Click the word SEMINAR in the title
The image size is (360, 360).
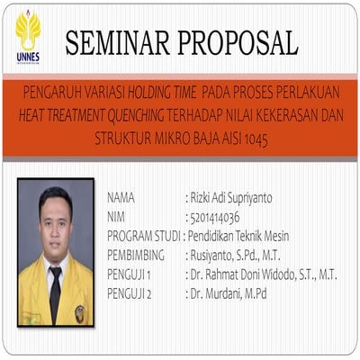[116, 41]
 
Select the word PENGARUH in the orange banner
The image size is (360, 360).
[41, 92]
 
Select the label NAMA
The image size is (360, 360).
[121, 197]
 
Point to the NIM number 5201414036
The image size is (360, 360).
[214, 217]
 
